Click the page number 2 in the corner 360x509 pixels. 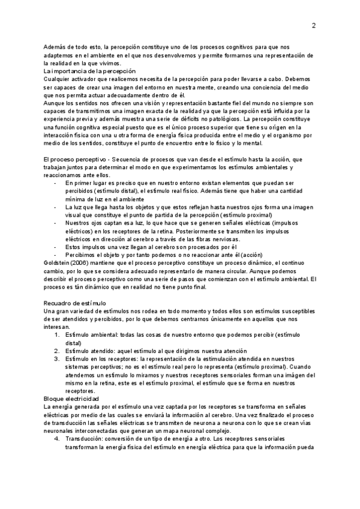click(313, 26)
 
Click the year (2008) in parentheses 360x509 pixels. click(84, 262)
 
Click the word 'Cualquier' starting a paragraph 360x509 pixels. click(58, 79)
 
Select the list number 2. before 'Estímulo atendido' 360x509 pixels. click(57, 351)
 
